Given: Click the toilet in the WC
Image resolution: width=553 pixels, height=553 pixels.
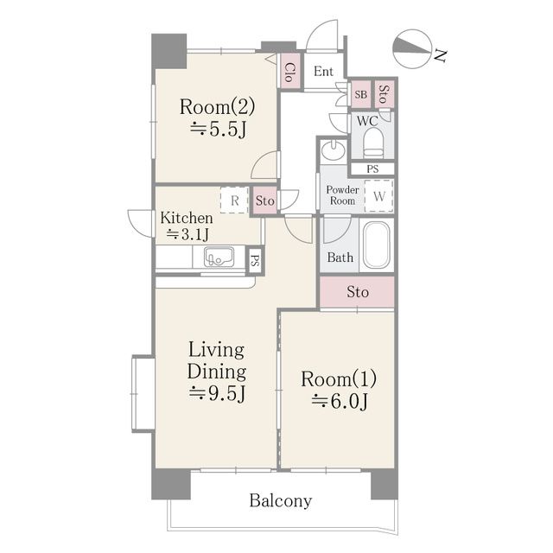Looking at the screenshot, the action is pyautogui.click(x=373, y=143).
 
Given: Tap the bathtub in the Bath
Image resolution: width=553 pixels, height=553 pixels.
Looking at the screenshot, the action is pyautogui.click(x=377, y=245).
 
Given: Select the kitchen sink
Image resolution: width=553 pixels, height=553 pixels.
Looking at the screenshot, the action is pyautogui.click(x=219, y=257).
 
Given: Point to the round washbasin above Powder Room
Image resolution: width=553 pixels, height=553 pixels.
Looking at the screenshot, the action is pyautogui.click(x=334, y=150).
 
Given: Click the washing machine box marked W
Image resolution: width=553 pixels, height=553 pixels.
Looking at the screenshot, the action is pyautogui.click(x=378, y=196).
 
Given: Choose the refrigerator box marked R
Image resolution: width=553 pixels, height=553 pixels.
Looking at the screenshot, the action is pyautogui.click(x=234, y=200).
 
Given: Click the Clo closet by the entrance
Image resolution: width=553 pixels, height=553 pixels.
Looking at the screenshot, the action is pyautogui.click(x=290, y=72).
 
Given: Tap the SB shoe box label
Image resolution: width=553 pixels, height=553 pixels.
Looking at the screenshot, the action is pyautogui.click(x=360, y=94).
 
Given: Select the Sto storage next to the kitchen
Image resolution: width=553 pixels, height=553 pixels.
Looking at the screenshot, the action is pyautogui.click(x=265, y=200).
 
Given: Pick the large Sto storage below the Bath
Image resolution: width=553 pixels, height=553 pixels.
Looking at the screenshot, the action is pyautogui.click(x=357, y=292).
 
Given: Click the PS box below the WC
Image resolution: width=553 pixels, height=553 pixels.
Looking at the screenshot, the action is pyautogui.click(x=372, y=169).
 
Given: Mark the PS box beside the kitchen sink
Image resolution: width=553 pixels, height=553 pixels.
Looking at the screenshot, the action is pyautogui.click(x=255, y=260).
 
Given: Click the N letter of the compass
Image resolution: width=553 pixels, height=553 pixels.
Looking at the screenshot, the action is pyautogui.click(x=440, y=55).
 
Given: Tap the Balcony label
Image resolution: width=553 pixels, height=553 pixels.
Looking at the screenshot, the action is pyautogui.click(x=281, y=500).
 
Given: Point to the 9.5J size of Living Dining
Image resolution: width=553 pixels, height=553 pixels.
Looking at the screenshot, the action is pyautogui.click(x=217, y=393).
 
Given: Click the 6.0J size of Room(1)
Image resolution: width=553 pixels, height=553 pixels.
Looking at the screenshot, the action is pyautogui.click(x=340, y=401).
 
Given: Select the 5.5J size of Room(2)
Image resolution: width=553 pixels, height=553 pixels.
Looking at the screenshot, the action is pyautogui.click(x=218, y=130).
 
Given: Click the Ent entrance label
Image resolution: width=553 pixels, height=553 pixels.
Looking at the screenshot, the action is pyautogui.click(x=323, y=71).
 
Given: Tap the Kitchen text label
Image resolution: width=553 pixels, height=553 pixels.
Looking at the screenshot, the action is pyautogui.click(x=187, y=218).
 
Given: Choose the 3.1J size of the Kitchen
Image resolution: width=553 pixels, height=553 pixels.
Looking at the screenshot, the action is pyautogui.click(x=188, y=234).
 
